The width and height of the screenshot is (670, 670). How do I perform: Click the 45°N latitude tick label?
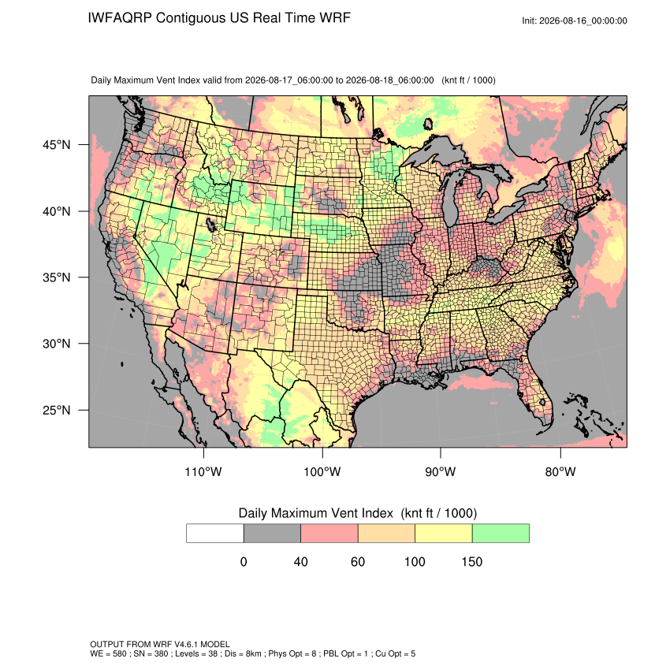point(57,145)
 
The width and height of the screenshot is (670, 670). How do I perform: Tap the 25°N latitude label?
point(57,410)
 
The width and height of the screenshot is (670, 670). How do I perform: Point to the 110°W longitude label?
point(203,471)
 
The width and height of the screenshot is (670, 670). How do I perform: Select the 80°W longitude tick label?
point(560,471)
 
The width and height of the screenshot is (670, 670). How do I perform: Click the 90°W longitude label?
point(441,471)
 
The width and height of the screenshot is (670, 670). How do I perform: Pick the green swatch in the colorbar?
point(501,534)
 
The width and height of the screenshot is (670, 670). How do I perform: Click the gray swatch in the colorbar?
point(272,534)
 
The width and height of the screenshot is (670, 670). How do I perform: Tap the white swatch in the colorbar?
point(215,534)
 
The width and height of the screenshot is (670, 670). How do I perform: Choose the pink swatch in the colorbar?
point(329,534)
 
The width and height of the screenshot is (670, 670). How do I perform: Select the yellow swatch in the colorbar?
point(444,534)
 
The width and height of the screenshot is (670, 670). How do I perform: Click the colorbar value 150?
point(471,561)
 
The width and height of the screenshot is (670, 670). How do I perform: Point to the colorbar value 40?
point(301,561)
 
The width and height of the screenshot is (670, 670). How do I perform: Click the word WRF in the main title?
point(337,18)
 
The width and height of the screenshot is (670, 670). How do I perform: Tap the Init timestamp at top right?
point(575,20)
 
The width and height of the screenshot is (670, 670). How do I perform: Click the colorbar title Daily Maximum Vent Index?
point(316,513)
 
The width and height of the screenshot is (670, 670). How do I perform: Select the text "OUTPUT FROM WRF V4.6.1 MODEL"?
point(160,644)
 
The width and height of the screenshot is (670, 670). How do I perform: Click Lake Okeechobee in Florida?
point(542,402)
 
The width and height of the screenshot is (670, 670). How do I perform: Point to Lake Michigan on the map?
point(451,196)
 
